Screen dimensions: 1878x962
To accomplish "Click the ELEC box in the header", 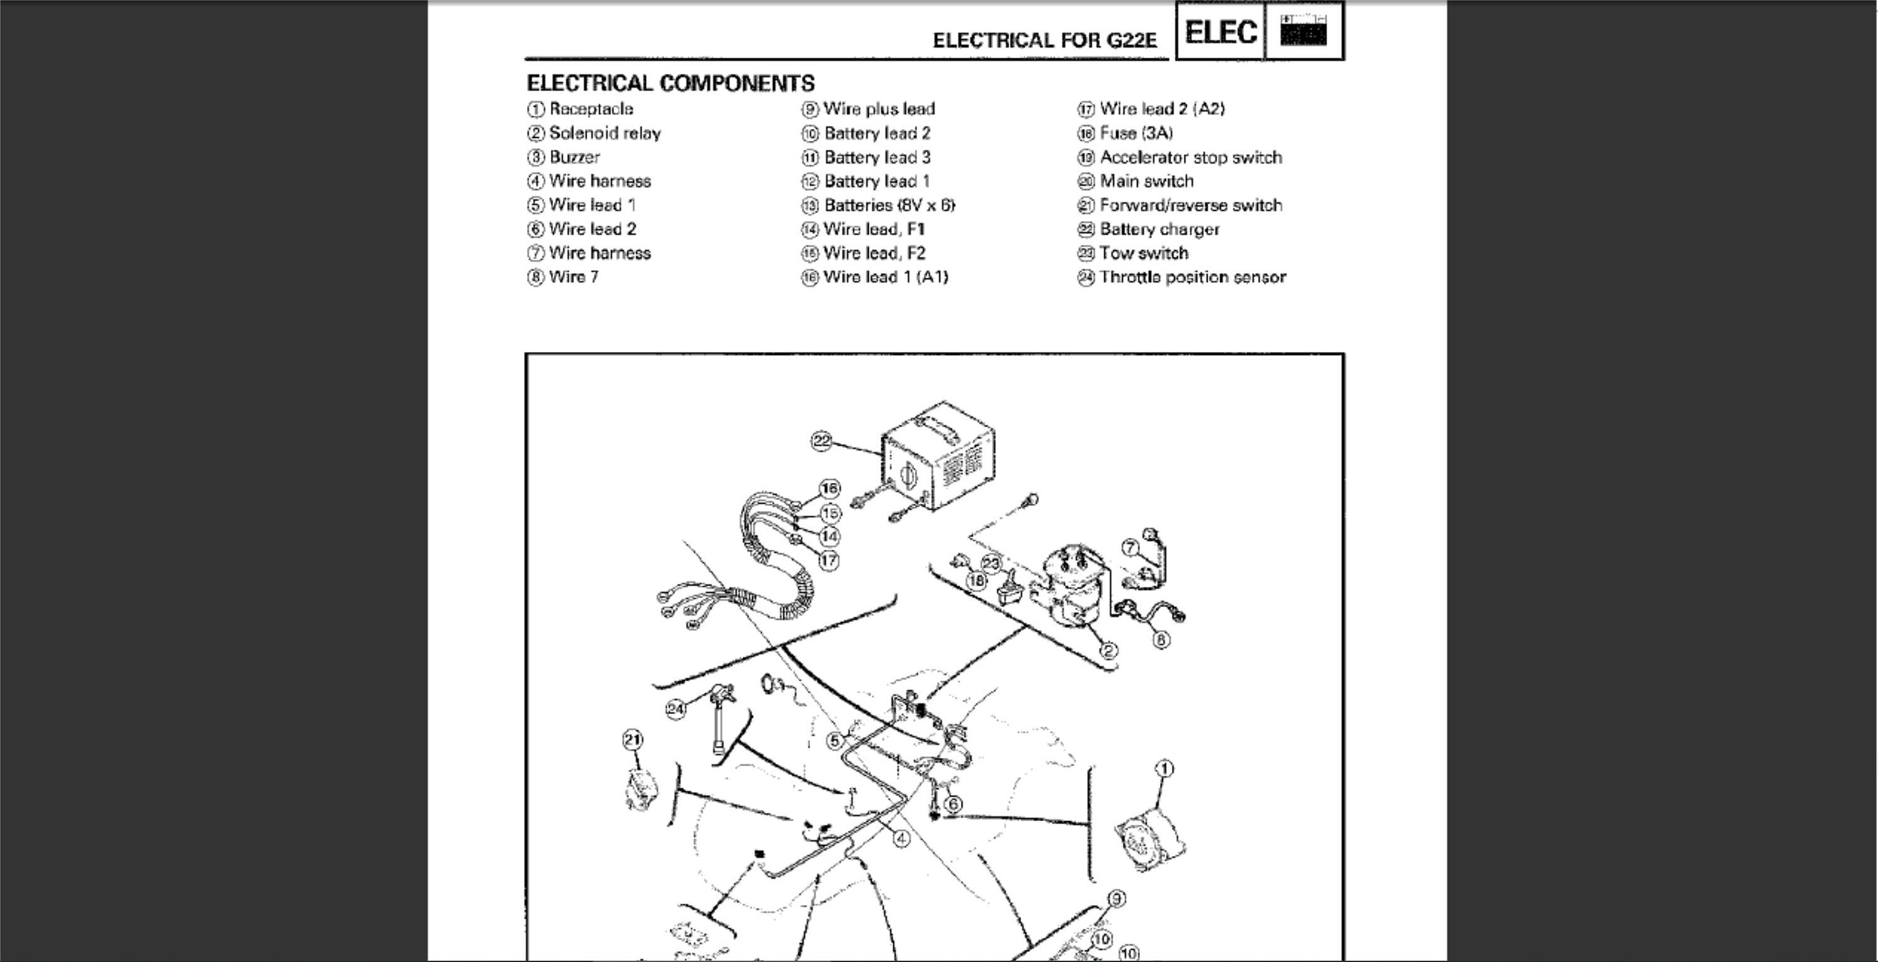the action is point(1221,31).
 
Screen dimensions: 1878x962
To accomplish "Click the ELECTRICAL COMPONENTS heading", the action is point(670,83).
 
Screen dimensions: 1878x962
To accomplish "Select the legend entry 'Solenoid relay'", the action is point(594,133).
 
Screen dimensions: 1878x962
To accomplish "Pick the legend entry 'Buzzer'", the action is point(563,157).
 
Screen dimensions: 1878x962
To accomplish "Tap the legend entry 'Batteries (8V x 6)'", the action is point(878,205).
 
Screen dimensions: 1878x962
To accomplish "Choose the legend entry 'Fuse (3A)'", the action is point(1125,133).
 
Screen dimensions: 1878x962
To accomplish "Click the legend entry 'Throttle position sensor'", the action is point(1182,277).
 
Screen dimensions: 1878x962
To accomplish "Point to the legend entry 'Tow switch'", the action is point(1133,253).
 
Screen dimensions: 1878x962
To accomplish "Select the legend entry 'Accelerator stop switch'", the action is point(1179,157).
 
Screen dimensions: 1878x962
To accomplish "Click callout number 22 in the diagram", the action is point(821,440).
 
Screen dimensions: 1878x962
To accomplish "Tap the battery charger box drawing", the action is point(938,446).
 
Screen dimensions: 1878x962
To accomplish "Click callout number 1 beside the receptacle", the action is point(1164,768).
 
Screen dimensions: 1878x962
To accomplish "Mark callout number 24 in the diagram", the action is point(676,708).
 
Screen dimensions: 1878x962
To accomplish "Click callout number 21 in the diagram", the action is point(632,740).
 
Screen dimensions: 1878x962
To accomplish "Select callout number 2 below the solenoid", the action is point(1108,651).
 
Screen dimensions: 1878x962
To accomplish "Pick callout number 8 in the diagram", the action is point(1161,639).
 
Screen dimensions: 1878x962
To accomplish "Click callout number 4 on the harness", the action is point(902,839).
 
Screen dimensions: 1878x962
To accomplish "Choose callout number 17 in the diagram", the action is point(829,561).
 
